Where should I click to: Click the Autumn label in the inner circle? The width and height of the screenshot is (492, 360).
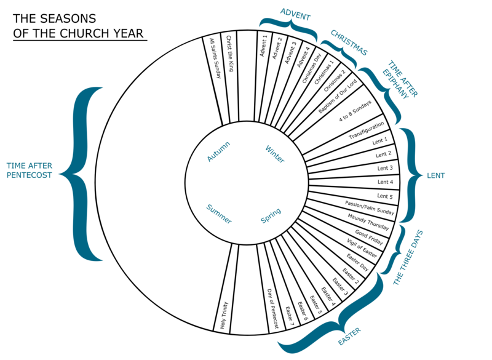(219, 151)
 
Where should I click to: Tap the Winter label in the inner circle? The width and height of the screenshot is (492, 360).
(275, 153)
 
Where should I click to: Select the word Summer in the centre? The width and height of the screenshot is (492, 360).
(219, 214)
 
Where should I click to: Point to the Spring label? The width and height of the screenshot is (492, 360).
(271, 216)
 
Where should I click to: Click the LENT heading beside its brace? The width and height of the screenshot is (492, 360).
(435, 175)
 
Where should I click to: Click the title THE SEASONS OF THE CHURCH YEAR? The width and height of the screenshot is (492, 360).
(79, 25)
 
